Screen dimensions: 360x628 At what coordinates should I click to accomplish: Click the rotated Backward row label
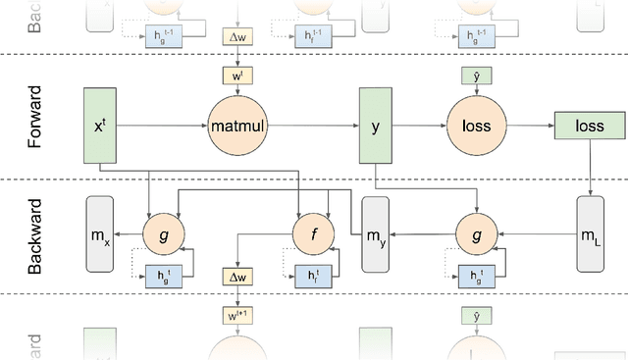click(35, 235)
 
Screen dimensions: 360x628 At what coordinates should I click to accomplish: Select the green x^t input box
click(98, 126)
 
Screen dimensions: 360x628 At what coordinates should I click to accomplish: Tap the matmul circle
click(238, 126)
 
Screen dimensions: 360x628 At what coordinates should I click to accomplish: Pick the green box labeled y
click(375, 126)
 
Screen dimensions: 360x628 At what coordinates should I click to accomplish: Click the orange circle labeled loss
click(476, 126)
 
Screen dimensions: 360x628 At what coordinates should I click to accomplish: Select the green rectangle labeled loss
click(589, 126)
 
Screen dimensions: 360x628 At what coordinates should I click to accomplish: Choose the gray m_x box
click(99, 234)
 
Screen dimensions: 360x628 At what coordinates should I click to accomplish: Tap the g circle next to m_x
click(163, 234)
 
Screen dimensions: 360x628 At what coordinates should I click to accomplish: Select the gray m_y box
click(377, 234)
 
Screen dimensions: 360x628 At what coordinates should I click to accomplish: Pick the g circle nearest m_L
click(476, 234)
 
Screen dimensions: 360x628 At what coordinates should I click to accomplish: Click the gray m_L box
click(590, 234)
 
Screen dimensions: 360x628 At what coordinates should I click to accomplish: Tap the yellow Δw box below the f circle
click(238, 278)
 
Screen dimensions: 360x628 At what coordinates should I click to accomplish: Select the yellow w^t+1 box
click(238, 315)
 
